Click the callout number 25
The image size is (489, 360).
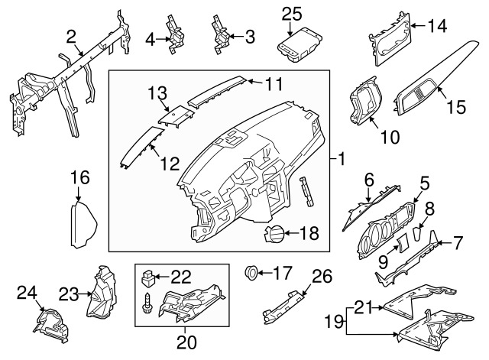click(x=292, y=14)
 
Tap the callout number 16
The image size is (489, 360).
click(x=80, y=178)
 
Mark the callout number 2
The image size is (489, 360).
click(x=71, y=36)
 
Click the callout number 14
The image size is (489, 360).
click(x=436, y=27)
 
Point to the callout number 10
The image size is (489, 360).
click(x=389, y=138)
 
